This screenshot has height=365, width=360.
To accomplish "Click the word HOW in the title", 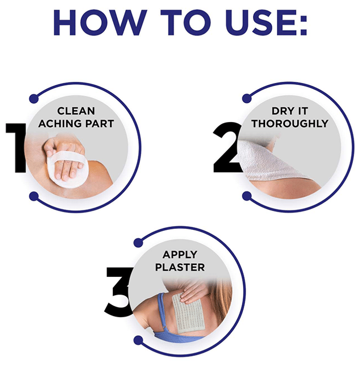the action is pyautogui.click(x=100, y=22).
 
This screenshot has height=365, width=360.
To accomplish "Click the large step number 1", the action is pyautogui.click(x=16, y=148).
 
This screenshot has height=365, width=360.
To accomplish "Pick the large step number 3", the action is pyautogui.click(x=119, y=292).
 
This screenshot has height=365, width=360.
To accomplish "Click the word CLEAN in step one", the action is pyautogui.click(x=76, y=111).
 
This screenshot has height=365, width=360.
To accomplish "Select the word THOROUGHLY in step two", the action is pyautogui.click(x=290, y=124).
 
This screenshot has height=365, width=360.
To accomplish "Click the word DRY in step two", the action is pyautogui.click(x=282, y=111).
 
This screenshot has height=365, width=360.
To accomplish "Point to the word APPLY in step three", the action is pyautogui.click(x=180, y=254).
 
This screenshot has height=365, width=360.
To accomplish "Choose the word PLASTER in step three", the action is pyautogui.click(x=180, y=267).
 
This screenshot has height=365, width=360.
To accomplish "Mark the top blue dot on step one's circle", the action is pyautogui.click(x=34, y=99).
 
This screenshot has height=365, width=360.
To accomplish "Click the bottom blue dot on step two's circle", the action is pyautogui.click(x=247, y=196).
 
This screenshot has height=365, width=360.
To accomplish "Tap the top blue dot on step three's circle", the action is pyautogui.click(x=138, y=242).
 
